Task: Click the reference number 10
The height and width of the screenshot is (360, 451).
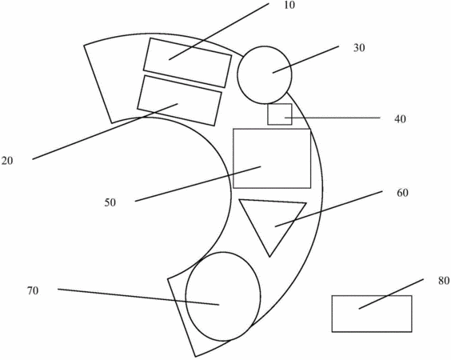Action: point(289,5)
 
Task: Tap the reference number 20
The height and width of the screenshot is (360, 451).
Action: point(7,161)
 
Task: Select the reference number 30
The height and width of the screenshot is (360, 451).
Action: point(359,48)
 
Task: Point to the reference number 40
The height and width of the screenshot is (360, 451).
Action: point(400,119)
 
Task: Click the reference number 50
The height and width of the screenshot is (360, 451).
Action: point(110,202)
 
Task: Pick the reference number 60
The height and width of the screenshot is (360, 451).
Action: point(402,193)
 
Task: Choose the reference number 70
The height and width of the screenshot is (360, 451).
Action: point(33,291)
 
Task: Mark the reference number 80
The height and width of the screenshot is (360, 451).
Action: point(444,281)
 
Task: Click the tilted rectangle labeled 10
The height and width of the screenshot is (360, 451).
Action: point(188,62)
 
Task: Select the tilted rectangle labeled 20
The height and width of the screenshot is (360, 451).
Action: point(179,101)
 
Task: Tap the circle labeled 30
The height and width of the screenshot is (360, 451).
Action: point(265,75)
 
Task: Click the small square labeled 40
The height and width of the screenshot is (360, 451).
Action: point(280,114)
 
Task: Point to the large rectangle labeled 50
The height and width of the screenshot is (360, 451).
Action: point(272,158)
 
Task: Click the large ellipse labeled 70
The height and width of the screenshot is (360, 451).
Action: point(223,297)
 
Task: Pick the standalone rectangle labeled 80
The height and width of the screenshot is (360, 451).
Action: point(372,314)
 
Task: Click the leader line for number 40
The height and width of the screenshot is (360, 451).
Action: point(333,118)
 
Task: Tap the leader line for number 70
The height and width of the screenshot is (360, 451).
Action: point(138,297)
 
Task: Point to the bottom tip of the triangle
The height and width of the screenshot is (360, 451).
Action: point(269,257)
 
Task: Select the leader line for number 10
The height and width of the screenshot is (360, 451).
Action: point(219,32)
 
